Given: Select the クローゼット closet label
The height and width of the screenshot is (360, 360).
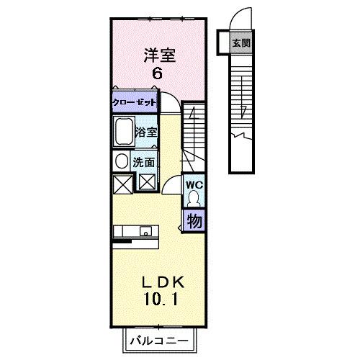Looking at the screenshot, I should [135, 102].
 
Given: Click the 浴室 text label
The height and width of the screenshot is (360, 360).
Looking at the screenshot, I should [145, 132].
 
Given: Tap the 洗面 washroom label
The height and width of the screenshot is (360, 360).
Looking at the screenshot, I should [144, 161].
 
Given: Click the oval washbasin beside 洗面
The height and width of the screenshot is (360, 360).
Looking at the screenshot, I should [121, 161].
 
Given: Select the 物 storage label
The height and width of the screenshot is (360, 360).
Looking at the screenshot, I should [193, 221].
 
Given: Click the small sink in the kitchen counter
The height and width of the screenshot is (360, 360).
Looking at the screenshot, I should [146, 232].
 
